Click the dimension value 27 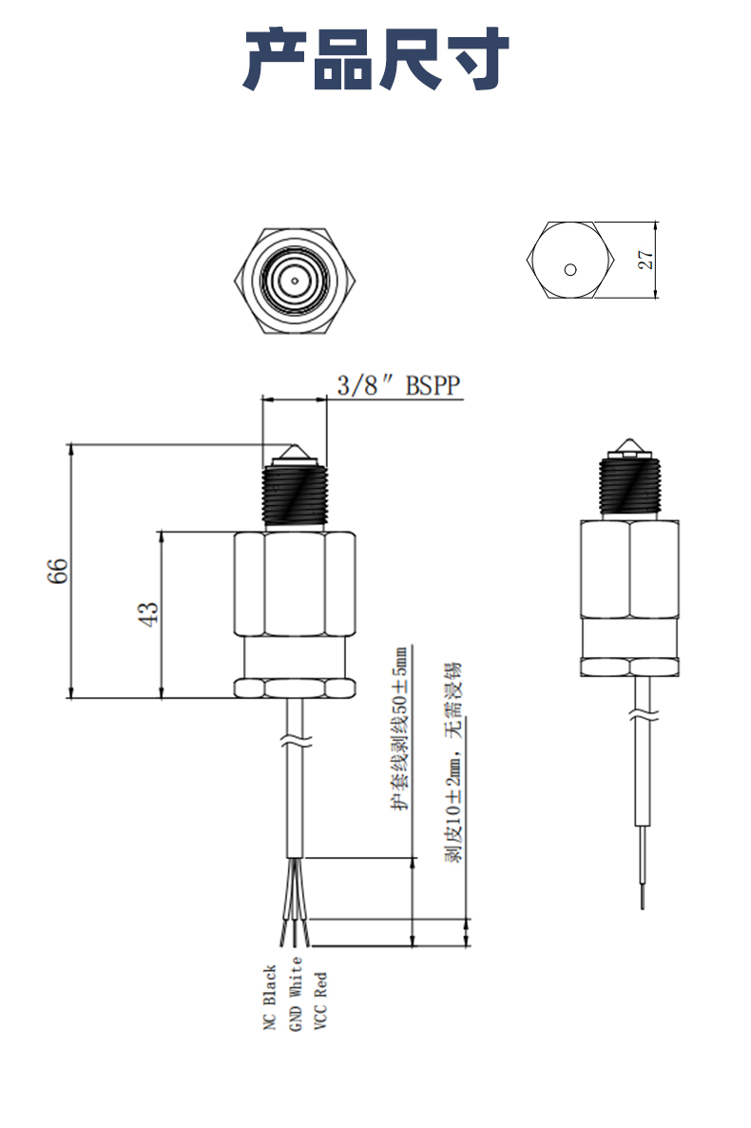click(645, 260)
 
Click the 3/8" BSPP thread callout click(398, 386)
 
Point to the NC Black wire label click(269, 999)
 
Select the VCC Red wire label click(320, 1000)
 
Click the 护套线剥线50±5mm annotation click(400, 728)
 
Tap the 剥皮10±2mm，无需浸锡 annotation click(453, 761)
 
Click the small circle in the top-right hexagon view click(569, 268)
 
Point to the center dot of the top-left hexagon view click(295, 280)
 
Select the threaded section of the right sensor click(629, 487)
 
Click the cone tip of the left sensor click(294, 451)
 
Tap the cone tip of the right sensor click(628, 445)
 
